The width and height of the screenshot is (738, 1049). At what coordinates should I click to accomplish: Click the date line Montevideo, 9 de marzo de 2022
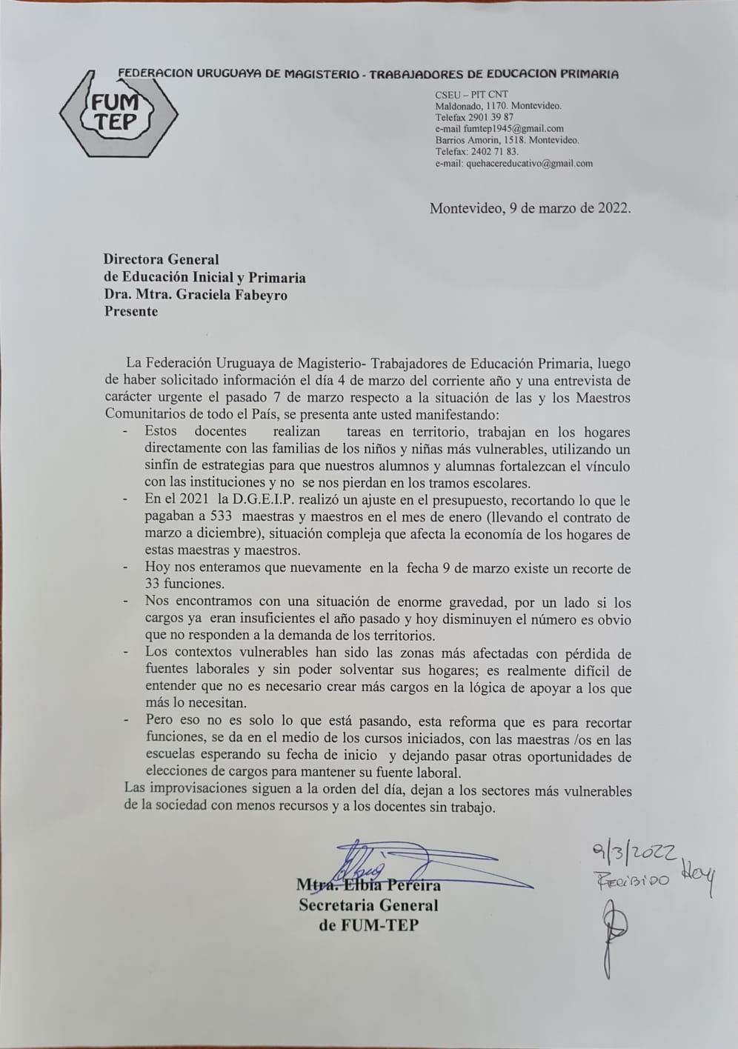coord(531,208)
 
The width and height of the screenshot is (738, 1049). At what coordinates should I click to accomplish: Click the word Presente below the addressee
coord(131,311)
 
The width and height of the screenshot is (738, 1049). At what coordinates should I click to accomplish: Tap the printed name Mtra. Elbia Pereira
coord(368,885)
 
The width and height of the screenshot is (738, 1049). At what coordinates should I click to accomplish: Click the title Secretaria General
coord(368,905)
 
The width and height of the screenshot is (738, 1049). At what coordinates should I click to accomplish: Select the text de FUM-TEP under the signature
coord(368,925)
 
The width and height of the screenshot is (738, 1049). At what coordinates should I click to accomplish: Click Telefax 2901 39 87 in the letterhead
coord(474,117)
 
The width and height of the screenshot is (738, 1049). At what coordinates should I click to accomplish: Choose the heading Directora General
coord(162,259)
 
